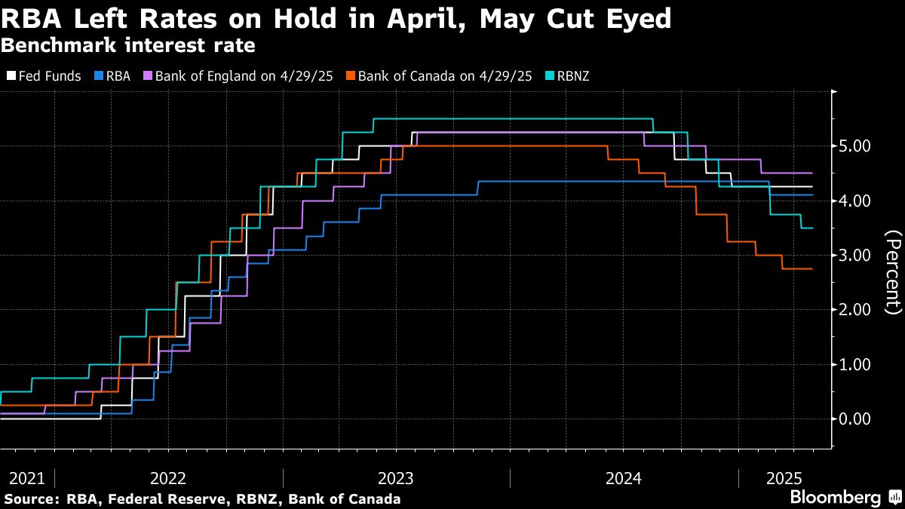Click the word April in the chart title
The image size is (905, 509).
[413, 18]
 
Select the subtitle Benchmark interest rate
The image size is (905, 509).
[127, 45]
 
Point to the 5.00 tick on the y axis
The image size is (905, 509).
[855, 146]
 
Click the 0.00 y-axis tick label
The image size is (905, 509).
[855, 419]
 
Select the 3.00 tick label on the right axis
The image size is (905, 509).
[855, 255]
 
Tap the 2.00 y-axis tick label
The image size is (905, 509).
[855, 310]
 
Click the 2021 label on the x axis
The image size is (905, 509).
[26, 477]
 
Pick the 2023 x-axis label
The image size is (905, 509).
[396, 477]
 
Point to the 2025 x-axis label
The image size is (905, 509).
[784, 477]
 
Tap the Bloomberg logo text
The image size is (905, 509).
[835, 498]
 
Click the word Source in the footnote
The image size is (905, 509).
[29, 499]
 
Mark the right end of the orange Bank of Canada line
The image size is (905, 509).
[811, 268]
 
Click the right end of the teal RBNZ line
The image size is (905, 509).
[811, 228]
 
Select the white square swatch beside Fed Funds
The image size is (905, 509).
[10, 76]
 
